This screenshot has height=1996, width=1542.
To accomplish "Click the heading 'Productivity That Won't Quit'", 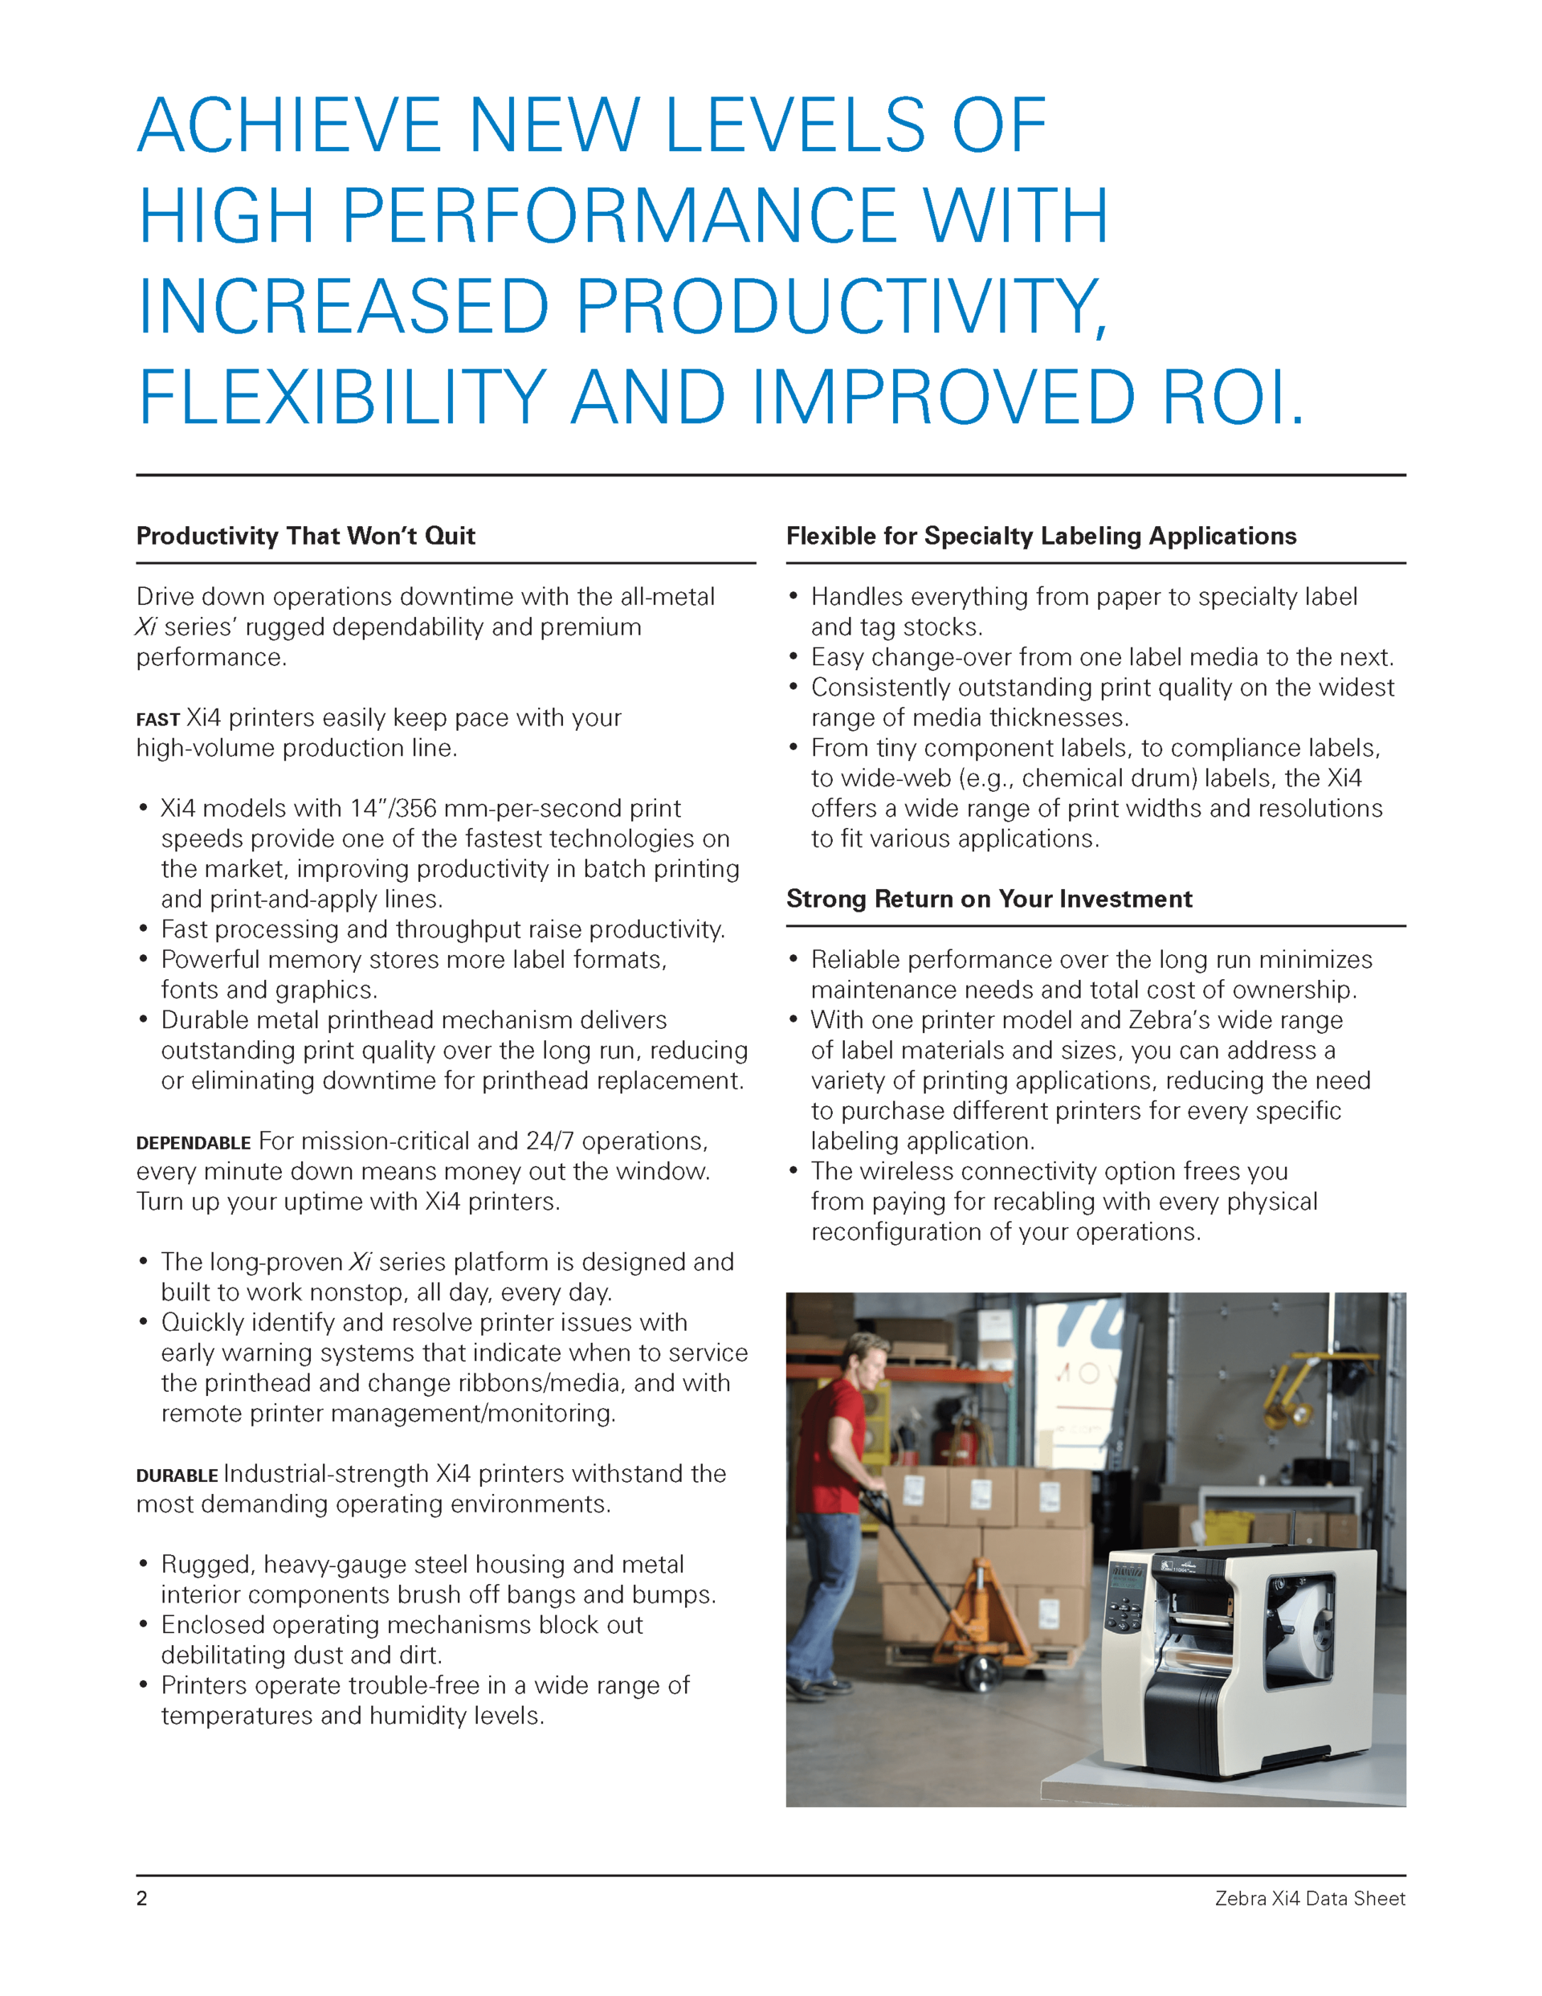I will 305,536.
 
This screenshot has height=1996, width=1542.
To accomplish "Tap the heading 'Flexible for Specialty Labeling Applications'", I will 1041,536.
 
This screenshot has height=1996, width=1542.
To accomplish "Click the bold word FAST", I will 158,720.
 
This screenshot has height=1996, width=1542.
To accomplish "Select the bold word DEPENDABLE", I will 193,1143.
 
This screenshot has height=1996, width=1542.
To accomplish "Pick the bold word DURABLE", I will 177,1476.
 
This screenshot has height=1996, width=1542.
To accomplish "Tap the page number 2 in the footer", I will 141,1898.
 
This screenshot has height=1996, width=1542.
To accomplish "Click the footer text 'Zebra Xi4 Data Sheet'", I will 1309,1898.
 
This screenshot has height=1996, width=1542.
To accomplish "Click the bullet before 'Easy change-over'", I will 793,657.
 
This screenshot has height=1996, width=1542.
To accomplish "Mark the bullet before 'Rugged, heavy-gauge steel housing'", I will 144,1565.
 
